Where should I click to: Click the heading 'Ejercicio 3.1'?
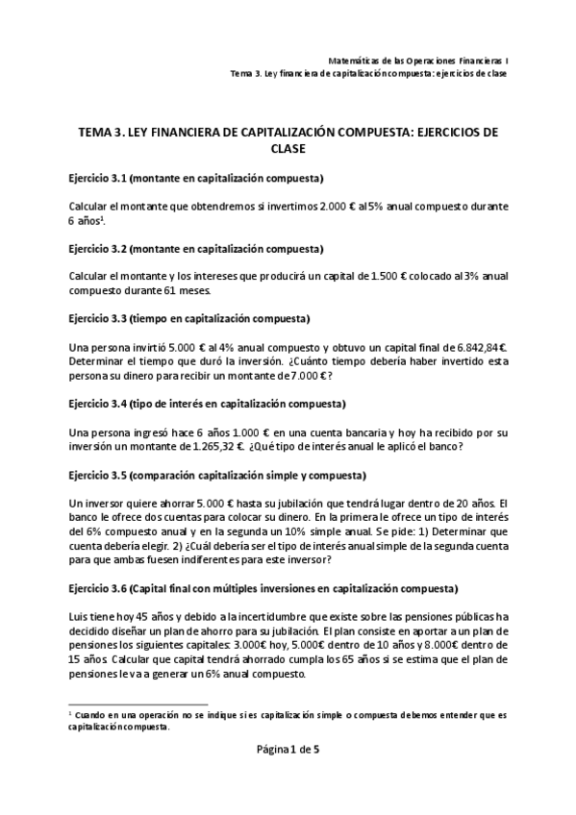coord(103,179)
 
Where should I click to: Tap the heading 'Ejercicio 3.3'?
coord(103,318)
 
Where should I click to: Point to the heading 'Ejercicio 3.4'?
coord(103,403)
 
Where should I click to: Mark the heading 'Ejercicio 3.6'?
coord(103,588)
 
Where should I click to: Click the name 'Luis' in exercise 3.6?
coord(80,616)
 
